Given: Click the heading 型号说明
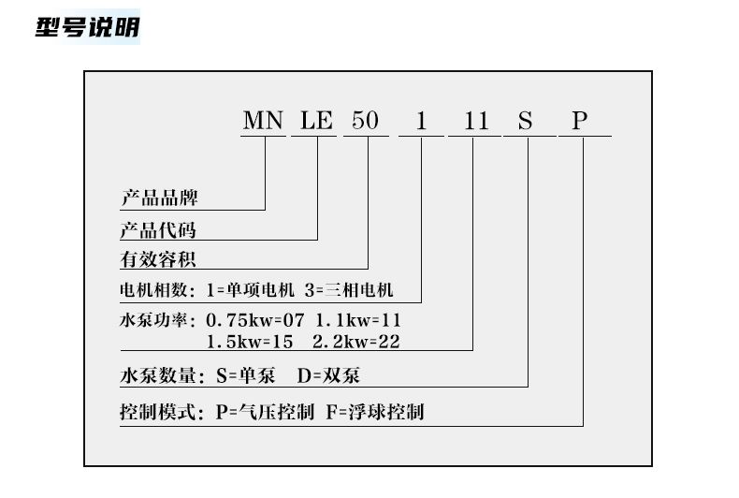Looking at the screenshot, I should click(87, 27).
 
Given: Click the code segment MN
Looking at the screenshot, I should click(263, 121).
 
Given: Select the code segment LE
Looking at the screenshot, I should click(316, 121).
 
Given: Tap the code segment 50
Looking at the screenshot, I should click(365, 121).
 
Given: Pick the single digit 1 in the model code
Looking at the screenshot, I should click(421, 121).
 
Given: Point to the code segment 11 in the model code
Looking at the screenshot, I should click(475, 121).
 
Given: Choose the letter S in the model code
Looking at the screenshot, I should click(526, 121).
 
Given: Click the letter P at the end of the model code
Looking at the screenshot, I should click(580, 121).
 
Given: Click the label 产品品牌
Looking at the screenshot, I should click(159, 198).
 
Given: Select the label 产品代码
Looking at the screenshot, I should click(159, 230).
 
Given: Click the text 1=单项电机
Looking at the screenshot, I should click(253, 289).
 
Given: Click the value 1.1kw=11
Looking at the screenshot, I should click(357, 320).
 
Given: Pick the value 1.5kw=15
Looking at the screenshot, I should click(251, 341).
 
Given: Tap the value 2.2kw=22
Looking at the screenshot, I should click(356, 341).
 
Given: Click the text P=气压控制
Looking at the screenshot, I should click(265, 412).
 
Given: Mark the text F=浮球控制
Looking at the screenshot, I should click(376, 412).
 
